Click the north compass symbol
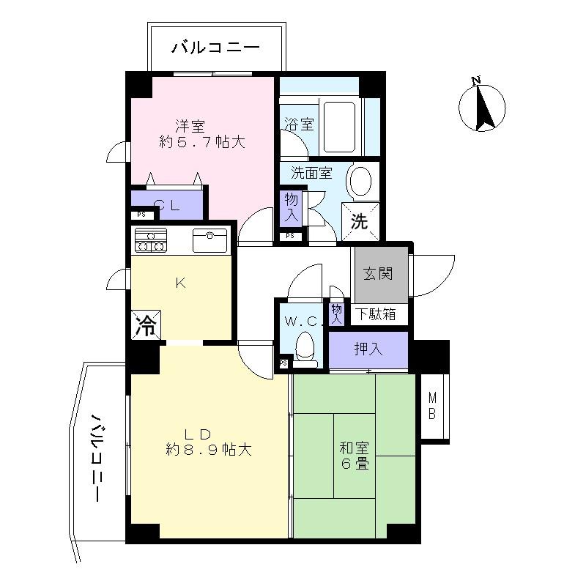[x=481, y=106]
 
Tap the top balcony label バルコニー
[x=215, y=49]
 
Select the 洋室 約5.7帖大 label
[x=201, y=133]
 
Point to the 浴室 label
[x=298, y=124]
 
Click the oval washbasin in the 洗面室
[x=360, y=180]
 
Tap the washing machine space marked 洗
[x=360, y=221]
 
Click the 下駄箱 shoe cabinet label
[x=377, y=314]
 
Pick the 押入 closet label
[x=367, y=349]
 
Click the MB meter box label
[x=432, y=407]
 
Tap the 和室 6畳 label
[x=354, y=455]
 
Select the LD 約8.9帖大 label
[x=208, y=441]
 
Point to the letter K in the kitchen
[x=179, y=283]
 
